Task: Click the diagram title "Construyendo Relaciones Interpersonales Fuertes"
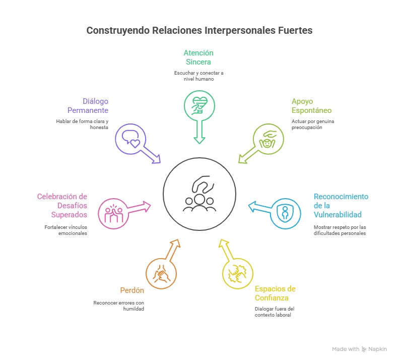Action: tap(199, 30)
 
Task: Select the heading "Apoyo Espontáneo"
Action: tap(311, 106)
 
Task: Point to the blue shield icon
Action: tap(285, 213)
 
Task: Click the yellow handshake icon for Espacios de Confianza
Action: tap(238, 272)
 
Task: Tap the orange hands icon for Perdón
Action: tap(161, 273)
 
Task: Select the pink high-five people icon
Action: tap(113, 213)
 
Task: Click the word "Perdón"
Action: tap(132, 290)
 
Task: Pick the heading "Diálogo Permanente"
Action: tap(88, 106)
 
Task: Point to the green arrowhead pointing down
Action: tap(199, 140)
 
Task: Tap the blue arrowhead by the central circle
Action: tap(252, 205)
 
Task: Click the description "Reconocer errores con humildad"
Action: tap(119, 306)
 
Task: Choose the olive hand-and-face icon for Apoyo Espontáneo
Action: tap(268, 138)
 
